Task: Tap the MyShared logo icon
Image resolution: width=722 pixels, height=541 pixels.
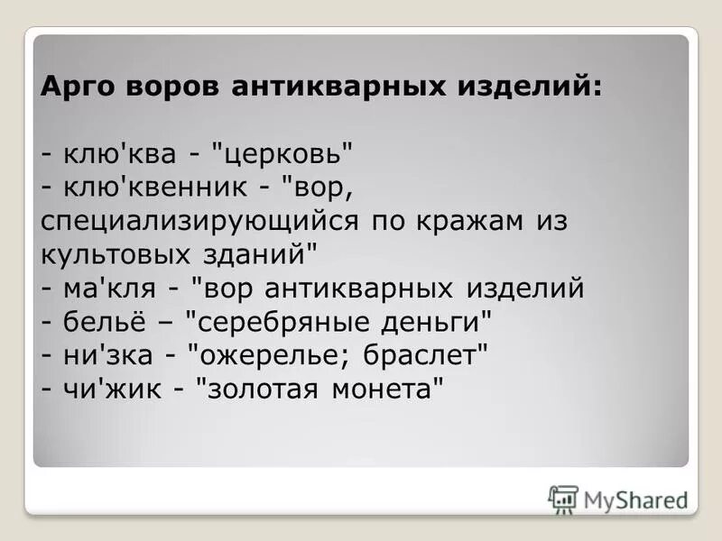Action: click(563, 499)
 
